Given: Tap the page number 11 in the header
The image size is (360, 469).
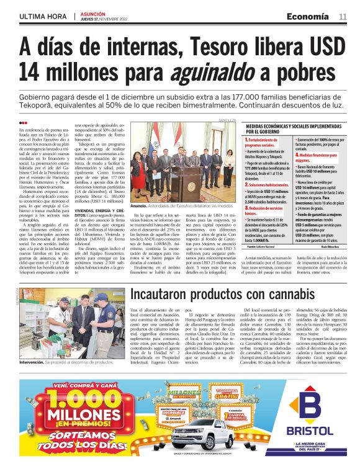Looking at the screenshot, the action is point(343,16).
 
